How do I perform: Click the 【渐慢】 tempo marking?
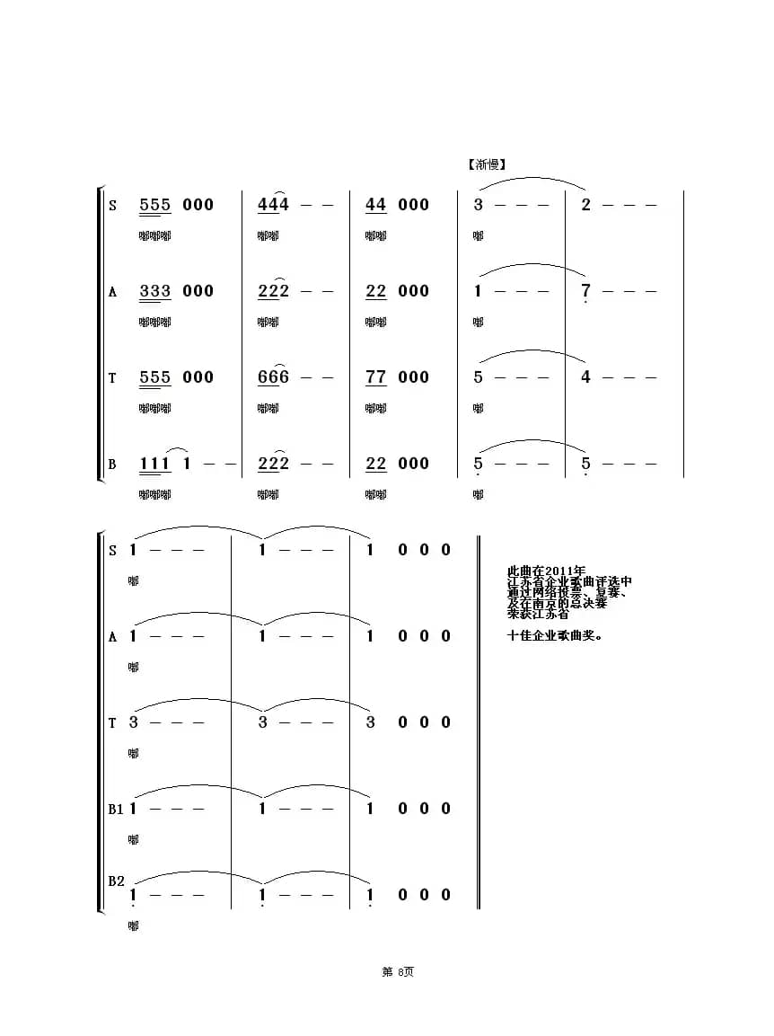(x=488, y=164)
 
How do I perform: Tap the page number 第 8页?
(x=398, y=971)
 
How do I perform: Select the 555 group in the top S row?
(x=155, y=205)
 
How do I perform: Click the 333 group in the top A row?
(x=155, y=291)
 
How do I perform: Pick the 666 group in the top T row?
(x=273, y=377)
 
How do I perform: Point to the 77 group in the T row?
(x=375, y=377)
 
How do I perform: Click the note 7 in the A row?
(x=585, y=291)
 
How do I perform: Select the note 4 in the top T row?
(x=585, y=377)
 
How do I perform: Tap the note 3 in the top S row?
(x=479, y=205)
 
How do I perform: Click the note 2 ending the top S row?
(x=585, y=205)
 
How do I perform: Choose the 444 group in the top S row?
(x=273, y=205)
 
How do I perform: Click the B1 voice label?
(x=116, y=809)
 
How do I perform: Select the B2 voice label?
(x=116, y=881)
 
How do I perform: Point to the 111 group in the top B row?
(x=155, y=464)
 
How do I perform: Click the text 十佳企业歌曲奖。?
(x=555, y=636)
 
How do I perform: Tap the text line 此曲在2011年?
(x=546, y=571)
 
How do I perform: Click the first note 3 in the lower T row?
(x=134, y=722)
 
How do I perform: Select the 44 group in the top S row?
(x=375, y=205)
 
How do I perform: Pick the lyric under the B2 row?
(x=134, y=925)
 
